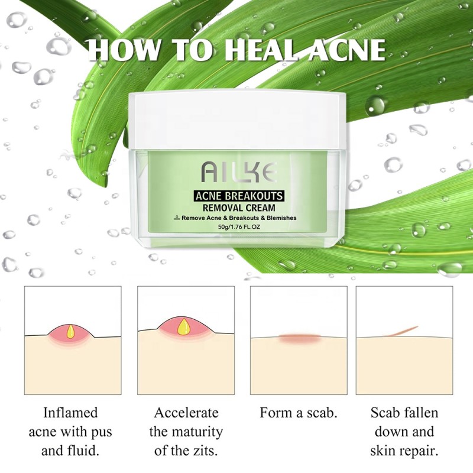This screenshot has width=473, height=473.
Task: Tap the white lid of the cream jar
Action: pos(237,118)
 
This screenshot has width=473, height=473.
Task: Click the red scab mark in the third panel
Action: pos(299,338)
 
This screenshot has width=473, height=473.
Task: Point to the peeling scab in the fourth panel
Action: pos(405,330)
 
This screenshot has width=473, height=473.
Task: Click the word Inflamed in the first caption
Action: pos(70,413)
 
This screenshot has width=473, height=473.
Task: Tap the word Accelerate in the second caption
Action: pos(186,413)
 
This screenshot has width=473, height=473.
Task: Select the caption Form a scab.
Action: pos(299,413)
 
